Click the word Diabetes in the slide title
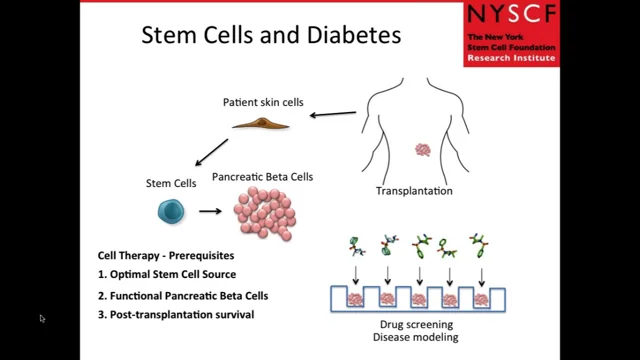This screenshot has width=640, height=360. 346,36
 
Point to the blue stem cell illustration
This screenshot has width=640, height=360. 171,211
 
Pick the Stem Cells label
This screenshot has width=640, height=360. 170,182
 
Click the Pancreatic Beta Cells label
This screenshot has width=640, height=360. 262,177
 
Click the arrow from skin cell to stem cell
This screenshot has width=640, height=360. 211,153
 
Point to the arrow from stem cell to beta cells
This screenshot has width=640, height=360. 210,211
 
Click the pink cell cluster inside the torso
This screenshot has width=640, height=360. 423,150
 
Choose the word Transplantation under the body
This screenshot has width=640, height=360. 414,190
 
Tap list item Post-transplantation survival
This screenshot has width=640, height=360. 176,316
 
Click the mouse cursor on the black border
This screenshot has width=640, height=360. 42,319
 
